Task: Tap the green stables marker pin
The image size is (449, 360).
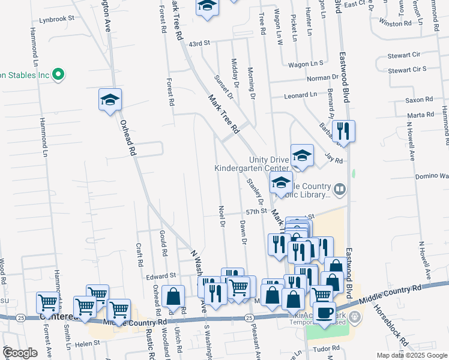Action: [58, 76]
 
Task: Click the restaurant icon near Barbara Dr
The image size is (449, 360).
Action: [343, 131]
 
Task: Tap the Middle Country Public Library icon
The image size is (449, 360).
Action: [340, 190]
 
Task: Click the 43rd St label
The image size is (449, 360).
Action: [199, 44]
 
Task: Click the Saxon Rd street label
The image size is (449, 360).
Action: [419, 100]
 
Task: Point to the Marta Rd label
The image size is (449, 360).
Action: [420, 115]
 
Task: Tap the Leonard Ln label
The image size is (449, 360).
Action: [300, 95]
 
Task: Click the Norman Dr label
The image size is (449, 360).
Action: [323, 78]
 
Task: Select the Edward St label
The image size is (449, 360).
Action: [159, 277]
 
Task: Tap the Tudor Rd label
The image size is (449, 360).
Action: [327, 349]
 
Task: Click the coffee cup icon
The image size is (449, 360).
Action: [325, 313]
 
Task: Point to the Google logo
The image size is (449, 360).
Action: [20, 353]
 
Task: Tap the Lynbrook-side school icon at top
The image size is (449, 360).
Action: [208, 7]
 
